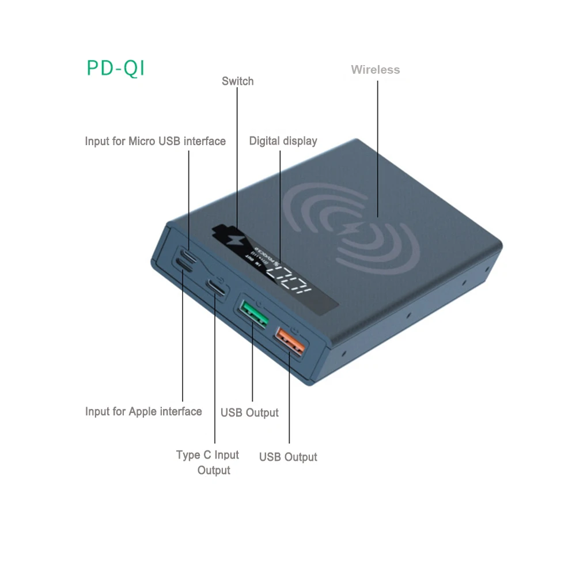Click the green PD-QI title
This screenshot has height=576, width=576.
pos(116,68)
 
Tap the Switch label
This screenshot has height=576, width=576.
pos(237,81)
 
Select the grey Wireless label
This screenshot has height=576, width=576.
pos(375,70)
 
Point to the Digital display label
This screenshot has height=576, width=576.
pos(283,141)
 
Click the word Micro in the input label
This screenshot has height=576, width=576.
pos(141,141)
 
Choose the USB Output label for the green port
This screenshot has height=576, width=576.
pos(249,412)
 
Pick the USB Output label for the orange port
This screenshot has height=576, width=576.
pos(288,457)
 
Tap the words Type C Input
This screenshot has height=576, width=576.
pos(207,454)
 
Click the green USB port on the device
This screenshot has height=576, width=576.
pos(253,313)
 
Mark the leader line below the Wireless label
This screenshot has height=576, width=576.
pos(378,144)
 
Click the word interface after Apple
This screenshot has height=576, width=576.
pos(180,411)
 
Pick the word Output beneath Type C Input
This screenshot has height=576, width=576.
pos(214,470)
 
